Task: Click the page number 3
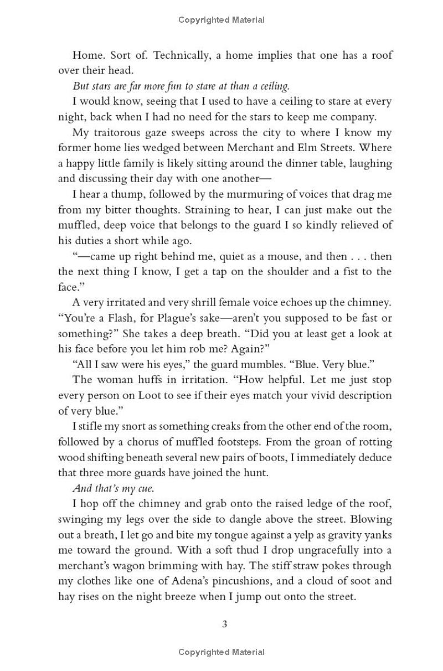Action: click(225, 624)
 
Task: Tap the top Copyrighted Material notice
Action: click(221, 20)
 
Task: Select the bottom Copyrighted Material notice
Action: click(221, 653)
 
